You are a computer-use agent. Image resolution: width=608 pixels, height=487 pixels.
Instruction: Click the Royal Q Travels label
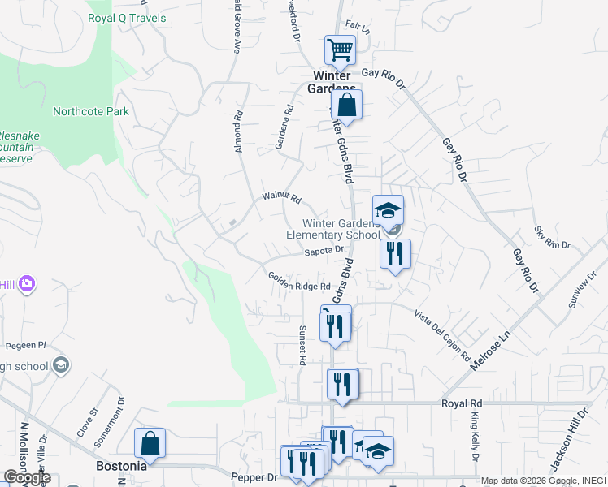pyautogui.click(x=127, y=18)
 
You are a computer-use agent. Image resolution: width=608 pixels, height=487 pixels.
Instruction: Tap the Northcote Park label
pyautogui.click(x=90, y=111)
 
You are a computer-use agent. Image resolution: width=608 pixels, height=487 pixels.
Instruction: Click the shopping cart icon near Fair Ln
pyautogui.click(x=340, y=50)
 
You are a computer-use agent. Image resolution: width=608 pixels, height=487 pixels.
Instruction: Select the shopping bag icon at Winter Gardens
pyautogui.click(x=346, y=106)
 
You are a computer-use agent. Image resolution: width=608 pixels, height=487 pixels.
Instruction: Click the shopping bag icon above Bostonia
pyautogui.click(x=150, y=444)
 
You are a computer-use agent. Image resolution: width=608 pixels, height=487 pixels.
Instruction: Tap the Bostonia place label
pyautogui.click(x=121, y=467)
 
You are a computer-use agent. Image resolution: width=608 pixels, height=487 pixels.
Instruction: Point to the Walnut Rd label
pyautogui.click(x=281, y=197)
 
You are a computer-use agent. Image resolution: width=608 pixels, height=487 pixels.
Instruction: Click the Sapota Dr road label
pyautogui.click(x=324, y=252)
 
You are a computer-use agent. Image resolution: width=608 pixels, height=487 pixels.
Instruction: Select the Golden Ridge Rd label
pyautogui.click(x=299, y=281)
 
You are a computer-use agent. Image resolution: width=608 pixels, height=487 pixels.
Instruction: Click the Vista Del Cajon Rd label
pyautogui.click(x=442, y=335)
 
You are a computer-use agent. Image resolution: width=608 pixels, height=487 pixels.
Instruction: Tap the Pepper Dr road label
pyautogui.click(x=254, y=477)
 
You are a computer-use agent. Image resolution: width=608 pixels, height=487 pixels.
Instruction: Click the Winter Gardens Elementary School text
pyautogui.click(x=333, y=230)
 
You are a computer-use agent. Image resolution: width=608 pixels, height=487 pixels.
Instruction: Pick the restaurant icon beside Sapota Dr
pyautogui.click(x=395, y=254)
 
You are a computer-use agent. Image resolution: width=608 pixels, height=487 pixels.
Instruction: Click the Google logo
pyautogui.click(x=27, y=477)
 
